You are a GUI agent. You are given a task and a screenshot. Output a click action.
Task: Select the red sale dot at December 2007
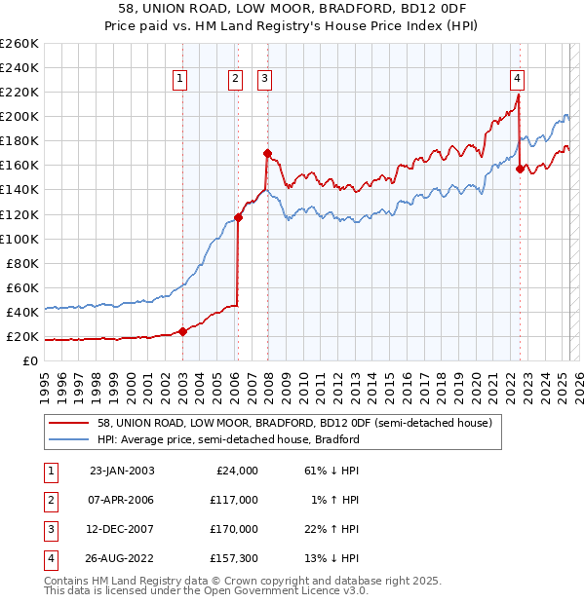point(266,153)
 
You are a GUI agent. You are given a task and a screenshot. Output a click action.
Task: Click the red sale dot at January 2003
point(182,331)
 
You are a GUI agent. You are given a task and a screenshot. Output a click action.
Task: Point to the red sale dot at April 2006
point(238,217)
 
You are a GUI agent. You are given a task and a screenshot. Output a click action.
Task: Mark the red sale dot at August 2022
point(520,169)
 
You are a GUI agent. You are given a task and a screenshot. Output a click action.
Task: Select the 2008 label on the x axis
point(269,381)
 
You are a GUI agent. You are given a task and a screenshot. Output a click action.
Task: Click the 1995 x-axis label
point(45,381)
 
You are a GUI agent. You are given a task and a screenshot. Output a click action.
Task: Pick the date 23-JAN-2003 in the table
point(122,471)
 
